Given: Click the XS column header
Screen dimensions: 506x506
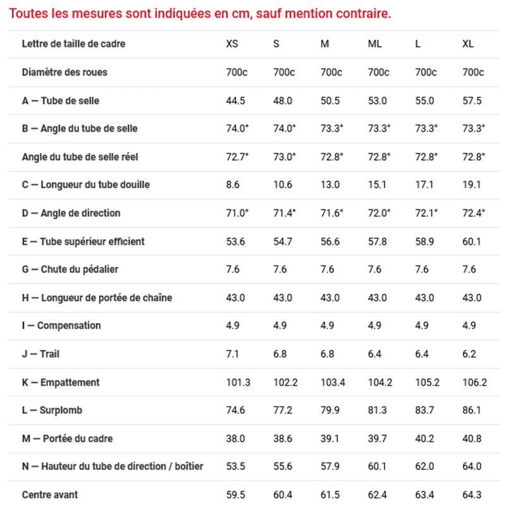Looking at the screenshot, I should [232, 44].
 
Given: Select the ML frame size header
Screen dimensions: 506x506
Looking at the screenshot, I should [374, 44].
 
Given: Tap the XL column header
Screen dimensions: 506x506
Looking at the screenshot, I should [468, 44].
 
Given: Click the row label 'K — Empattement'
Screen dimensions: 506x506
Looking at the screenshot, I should [61, 383].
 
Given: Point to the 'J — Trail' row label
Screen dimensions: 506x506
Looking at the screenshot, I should [40, 354].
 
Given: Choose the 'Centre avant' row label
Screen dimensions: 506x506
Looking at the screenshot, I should [50, 495].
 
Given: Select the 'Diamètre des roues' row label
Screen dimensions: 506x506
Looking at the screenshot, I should [65, 72].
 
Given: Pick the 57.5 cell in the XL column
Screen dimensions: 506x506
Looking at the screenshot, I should [472, 101].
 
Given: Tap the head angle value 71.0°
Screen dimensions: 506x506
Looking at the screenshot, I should [237, 213].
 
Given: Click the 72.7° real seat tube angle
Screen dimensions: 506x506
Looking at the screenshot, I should [237, 157].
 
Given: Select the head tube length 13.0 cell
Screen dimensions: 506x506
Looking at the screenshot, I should [330, 185].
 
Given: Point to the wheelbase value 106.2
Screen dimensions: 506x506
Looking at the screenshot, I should [474, 383].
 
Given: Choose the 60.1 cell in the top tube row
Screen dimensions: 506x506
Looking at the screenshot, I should [472, 241].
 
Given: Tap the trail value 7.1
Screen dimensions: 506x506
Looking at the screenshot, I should [233, 354].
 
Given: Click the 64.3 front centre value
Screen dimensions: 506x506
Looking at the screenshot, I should [472, 495].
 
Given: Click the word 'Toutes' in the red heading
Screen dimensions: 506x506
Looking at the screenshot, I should [28, 13].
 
